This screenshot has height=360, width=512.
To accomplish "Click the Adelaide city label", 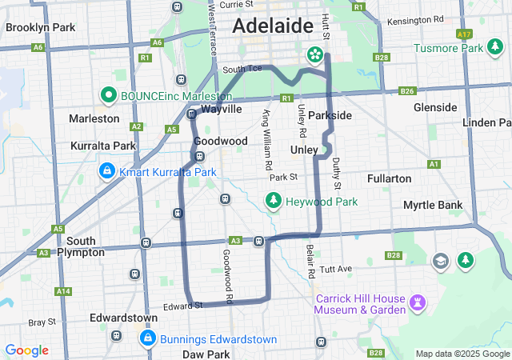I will pos(273,26).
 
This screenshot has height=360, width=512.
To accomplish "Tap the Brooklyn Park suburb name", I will pos(40,27).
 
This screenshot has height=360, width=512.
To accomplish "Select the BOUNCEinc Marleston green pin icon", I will pos(109,96).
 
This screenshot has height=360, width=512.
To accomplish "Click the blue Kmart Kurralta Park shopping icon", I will pos(106,171).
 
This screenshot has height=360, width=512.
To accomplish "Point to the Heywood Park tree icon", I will pos(274,200).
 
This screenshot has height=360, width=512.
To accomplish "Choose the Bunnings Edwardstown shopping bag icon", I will pos(147,339).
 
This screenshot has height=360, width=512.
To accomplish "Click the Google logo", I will pos(26,350).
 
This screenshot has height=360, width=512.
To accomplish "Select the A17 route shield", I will pos(464,34).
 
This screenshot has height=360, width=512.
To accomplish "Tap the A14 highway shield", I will pos(63,291).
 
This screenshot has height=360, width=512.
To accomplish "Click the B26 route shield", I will pos(407,90).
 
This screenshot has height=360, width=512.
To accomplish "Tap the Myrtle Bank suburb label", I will pos(433,205).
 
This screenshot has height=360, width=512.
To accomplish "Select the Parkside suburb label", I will pos(329,115).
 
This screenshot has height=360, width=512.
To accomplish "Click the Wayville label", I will pos(221,108).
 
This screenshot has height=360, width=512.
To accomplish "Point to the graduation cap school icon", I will pos(440,261).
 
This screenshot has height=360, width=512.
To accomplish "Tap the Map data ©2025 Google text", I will pos(462,354).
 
